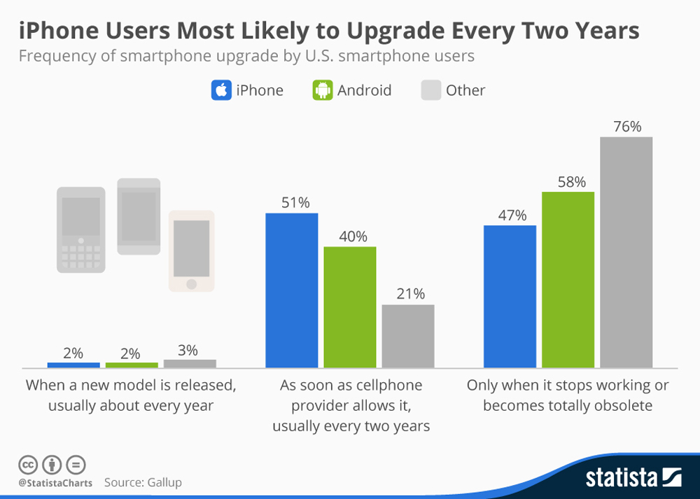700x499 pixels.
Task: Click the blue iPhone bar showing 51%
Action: (x=291, y=290)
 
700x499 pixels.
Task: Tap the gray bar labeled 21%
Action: (x=407, y=336)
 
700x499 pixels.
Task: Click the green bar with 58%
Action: (x=568, y=279)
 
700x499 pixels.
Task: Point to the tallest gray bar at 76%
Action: (x=626, y=252)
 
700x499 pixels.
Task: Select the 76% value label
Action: (x=626, y=127)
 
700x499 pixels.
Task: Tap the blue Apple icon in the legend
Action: (x=220, y=90)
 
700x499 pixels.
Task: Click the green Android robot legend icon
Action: (x=322, y=90)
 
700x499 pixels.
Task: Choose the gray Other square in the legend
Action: (x=430, y=90)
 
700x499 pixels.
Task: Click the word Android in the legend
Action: (x=364, y=90)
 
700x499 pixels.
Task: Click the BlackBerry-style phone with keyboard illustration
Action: (x=81, y=229)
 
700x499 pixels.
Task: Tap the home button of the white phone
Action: (x=191, y=283)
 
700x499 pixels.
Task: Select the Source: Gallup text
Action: (x=143, y=482)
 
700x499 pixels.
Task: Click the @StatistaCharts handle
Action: (x=55, y=482)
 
